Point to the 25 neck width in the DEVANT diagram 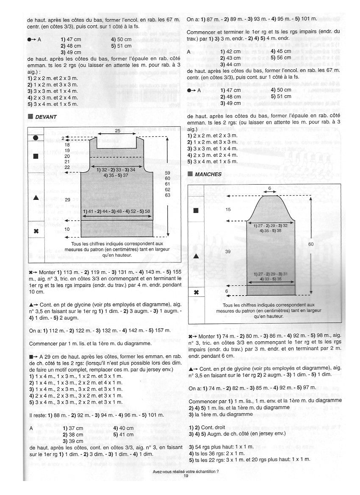click(x=118, y=131)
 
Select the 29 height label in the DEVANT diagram click(x=67, y=199)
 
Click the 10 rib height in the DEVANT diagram click(x=67, y=229)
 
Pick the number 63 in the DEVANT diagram click(x=167, y=195)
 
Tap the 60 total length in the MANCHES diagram click(x=311, y=244)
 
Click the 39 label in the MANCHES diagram click(x=229, y=252)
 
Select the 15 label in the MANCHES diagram click(x=229, y=210)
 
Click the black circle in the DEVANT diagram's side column click(x=36, y=138)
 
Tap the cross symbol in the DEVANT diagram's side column click(x=36, y=231)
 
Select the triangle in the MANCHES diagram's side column click(x=196, y=256)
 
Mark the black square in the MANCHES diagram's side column click(x=196, y=210)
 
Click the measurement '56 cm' click(x=284, y=58)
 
